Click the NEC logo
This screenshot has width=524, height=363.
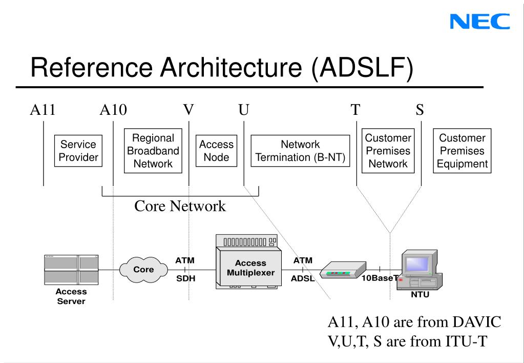[x=479, y=22]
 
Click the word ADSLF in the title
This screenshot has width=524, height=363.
[x=362, y=67]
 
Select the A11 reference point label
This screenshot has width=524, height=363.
[x=43, y=110]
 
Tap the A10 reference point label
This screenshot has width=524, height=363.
[x=113, y=110]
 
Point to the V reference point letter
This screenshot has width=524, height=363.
[x=188, y=110]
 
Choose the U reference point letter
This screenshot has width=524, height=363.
[x=244, y=110]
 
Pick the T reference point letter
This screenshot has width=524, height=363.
[x=355, y=110]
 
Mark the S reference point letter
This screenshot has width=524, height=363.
[x=420, y=110]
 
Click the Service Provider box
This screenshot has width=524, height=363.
[x=78, y=151]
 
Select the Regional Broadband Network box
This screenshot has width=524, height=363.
[x=153, y=151]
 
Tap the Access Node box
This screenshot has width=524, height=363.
[x=216, y=151]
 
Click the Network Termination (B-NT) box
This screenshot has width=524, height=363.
[x=300, y=151]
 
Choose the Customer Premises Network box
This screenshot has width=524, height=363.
[x=388, y=151]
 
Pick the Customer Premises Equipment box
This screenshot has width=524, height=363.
[x=462, y=151]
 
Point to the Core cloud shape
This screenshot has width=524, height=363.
[x=144, y=270]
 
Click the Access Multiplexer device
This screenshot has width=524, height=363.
[x=248, y=262]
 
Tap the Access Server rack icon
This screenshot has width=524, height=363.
[x=71, y=270]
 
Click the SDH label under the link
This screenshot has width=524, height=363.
[x=185, y=278]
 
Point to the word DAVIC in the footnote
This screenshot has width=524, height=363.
[x=477, y=322]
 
